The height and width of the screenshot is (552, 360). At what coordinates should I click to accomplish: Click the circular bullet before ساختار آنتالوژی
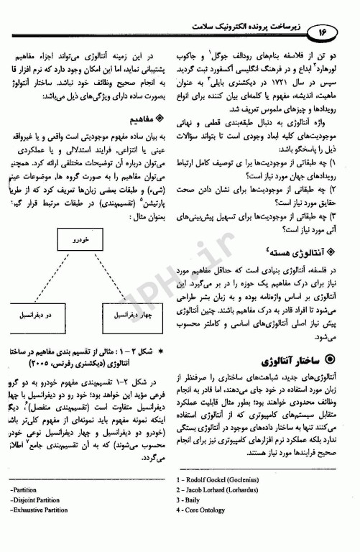pyautogui.click(x=331, y=358)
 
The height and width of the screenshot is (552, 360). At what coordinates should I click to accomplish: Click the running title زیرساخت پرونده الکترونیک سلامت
pyautogui.click(x=244, y=27)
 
